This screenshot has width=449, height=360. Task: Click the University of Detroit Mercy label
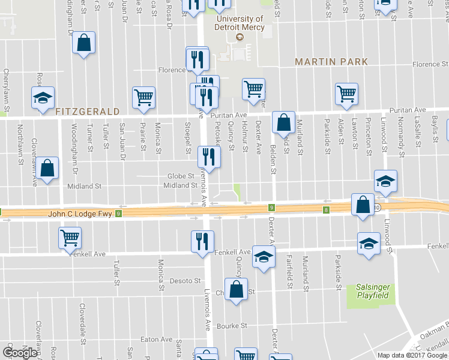tap(240, 23)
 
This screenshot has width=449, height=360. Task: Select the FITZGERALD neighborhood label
tap(88, 111)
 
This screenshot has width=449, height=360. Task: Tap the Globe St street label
tap(181, 176)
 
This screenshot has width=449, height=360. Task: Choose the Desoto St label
tap(185, 280)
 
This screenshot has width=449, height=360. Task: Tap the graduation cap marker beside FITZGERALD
tap(43, 98)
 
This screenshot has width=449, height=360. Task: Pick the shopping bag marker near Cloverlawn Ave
tap(47, 169)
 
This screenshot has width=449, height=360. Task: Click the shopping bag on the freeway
tap(363, 205)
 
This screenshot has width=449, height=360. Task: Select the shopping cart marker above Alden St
tap(347, 94)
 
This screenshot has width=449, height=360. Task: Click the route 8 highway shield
tap(326, 209)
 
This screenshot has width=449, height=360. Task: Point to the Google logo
tap(20, 352)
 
